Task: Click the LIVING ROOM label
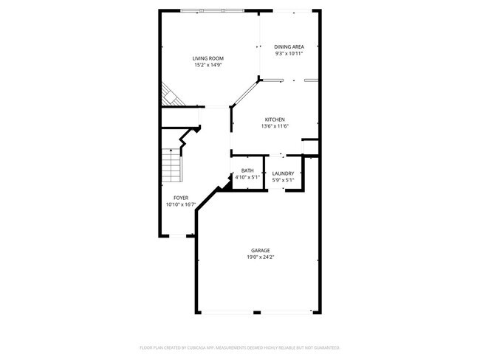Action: tap(208, 58)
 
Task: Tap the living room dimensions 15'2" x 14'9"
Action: tap(208, 65)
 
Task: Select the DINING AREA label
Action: tap(289, 46)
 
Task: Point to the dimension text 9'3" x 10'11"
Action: tap(289, 53)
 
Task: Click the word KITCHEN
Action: tap(275, 120)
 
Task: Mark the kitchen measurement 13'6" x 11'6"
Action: tap(275, 126)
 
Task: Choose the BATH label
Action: tap(247, 171)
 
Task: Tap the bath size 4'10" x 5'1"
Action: tap(247, 178)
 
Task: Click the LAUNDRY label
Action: tap(283, 173)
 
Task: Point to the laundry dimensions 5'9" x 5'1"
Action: tap(283, 180)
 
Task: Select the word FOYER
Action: tap(181, 198)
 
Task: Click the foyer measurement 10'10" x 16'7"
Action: tap(181, 204)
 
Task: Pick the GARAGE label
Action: tap(258, 251)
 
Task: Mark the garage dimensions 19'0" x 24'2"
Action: tap(258, 257)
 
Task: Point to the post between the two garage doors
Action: tap(258, 313)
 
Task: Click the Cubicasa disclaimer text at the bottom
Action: tap(240, 347)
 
